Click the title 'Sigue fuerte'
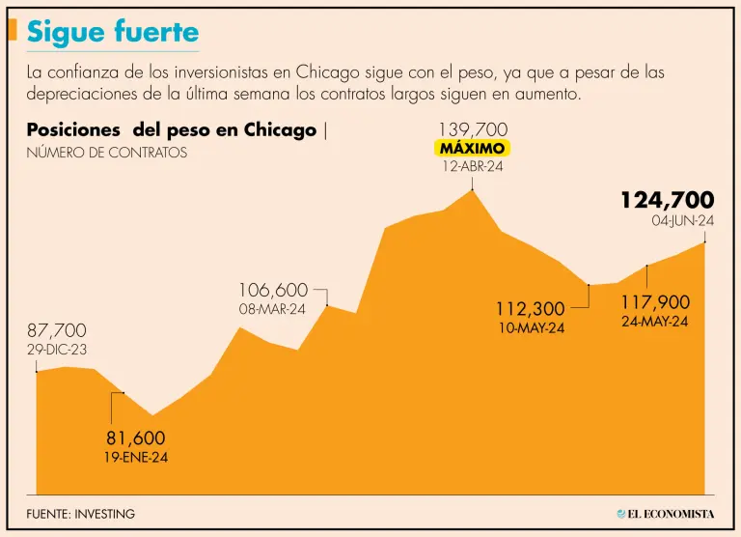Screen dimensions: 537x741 coord(113,32)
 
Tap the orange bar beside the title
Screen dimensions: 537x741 coord(12,30)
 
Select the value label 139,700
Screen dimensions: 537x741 coord(473,129)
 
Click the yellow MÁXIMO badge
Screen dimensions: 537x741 coord(473,149)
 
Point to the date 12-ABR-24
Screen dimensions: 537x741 coord(473,166)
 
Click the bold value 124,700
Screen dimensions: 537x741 coord(667,200)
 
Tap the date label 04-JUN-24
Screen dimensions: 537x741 coord(682,221)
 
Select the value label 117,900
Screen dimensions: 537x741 coord(654,302)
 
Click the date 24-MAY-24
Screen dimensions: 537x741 coord(654,322)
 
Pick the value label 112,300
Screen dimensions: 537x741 coord(530,309)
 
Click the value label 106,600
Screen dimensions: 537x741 coord(273,290)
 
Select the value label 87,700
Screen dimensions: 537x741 coord(56,330)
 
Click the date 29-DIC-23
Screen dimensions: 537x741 coord(56,350)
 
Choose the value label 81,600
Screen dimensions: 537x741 coord(135,438)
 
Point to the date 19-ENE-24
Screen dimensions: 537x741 coord(135,457)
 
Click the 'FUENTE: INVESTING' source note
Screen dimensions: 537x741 coord(81,514)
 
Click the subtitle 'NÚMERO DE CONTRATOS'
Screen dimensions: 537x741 coord(107,153)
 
